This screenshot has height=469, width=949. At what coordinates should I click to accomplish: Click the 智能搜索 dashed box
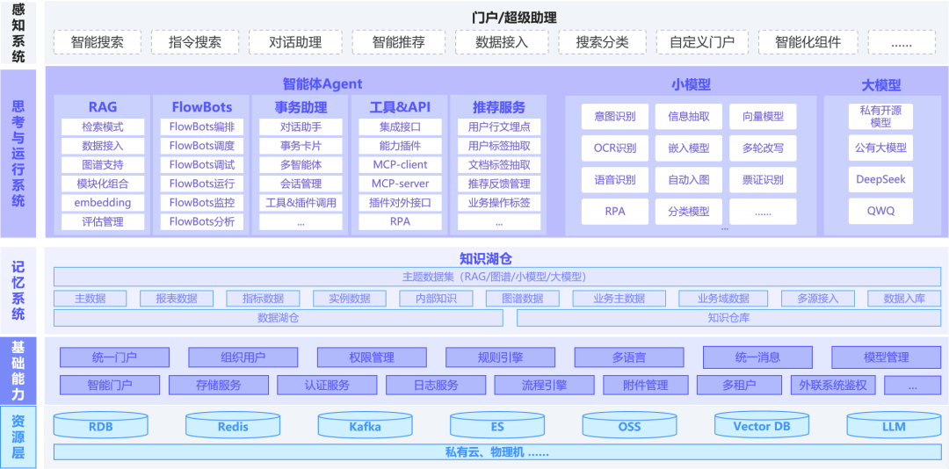coord(97,42)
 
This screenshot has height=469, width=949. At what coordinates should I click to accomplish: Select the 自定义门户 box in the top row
coord(702,42)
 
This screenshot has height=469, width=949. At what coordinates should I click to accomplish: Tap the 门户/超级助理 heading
coord(514,18)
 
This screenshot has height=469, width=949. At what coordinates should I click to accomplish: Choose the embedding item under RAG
coord(103,203)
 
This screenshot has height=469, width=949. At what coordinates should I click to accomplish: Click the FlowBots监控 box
coord(201,203)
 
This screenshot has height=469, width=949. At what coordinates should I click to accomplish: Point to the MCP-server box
coord(400,184)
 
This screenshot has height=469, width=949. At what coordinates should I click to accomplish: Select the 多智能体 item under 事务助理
coord(301,164)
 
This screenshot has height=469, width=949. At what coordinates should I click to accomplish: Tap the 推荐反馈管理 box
coord(499,184)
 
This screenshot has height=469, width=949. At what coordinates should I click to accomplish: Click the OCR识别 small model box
coord(615,148)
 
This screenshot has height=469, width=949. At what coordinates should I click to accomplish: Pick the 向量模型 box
coord(763,117)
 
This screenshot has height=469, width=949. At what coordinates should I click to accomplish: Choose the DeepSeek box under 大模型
coord(880,180)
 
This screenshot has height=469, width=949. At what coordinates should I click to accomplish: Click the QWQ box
coord(880,211)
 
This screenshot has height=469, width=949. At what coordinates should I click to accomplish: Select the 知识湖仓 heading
coord(486,259)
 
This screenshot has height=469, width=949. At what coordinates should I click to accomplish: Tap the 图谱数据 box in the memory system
coord(523,299)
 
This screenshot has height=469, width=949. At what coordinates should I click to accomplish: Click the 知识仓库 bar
coord(728,318)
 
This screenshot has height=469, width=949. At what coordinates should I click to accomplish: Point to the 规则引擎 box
coord(500,357)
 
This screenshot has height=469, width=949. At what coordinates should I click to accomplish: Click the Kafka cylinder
coord(365,425)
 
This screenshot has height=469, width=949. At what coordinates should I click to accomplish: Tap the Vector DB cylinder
coord(761,425)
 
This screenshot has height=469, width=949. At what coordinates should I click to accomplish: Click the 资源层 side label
coord(18,437)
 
